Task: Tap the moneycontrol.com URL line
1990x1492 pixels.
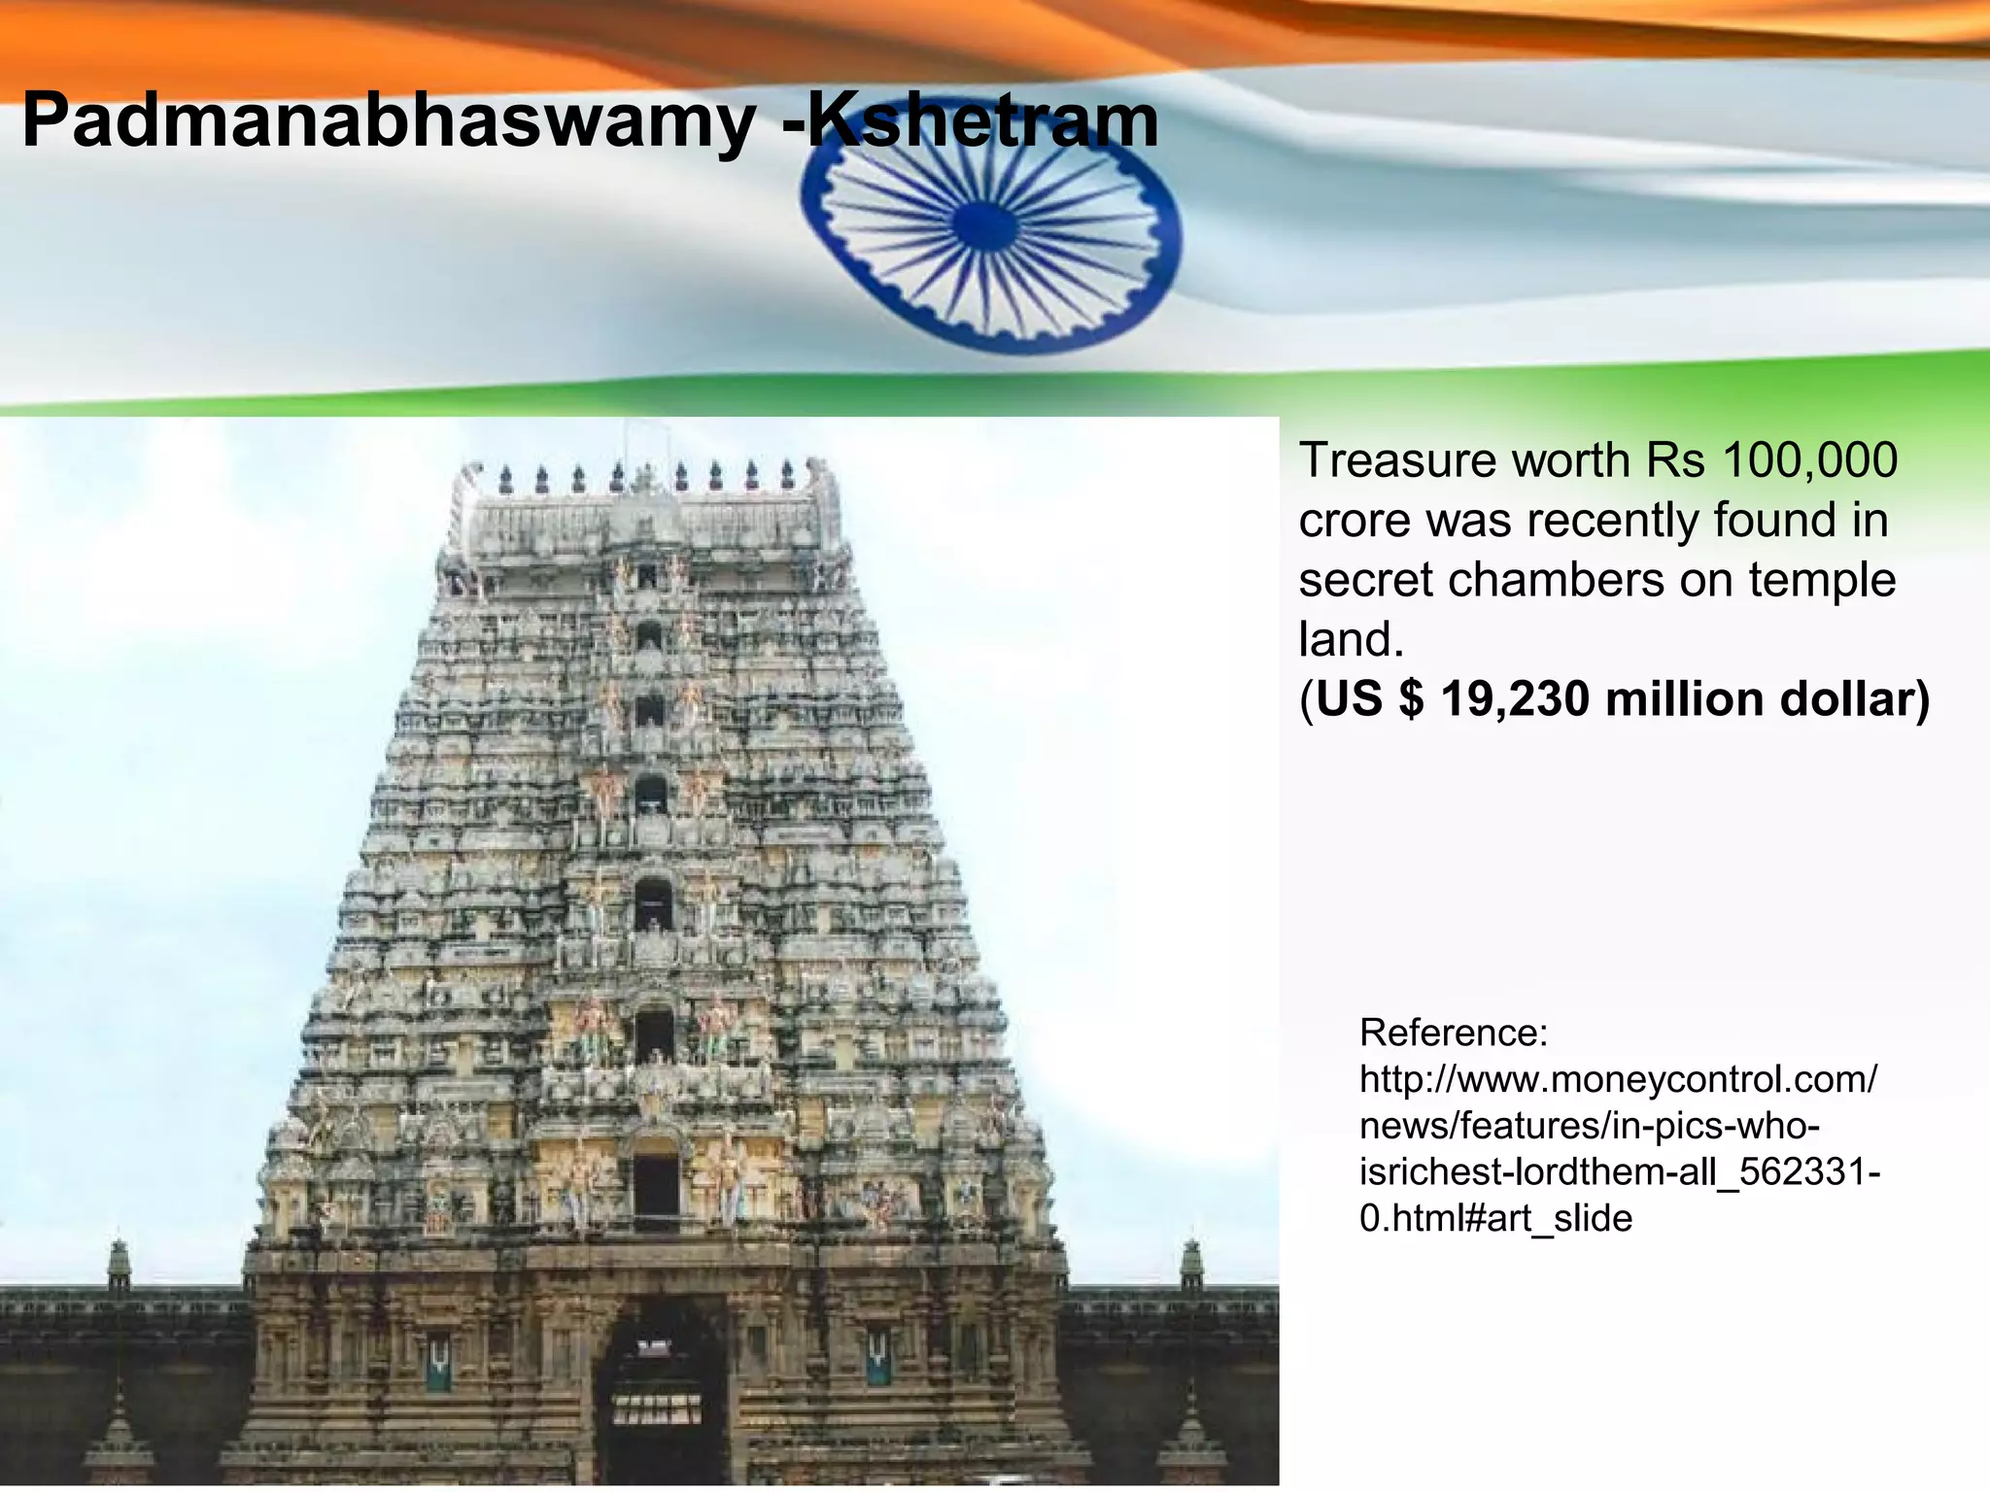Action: [1618, 1079]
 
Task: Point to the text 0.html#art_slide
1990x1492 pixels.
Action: [1495, 1218]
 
